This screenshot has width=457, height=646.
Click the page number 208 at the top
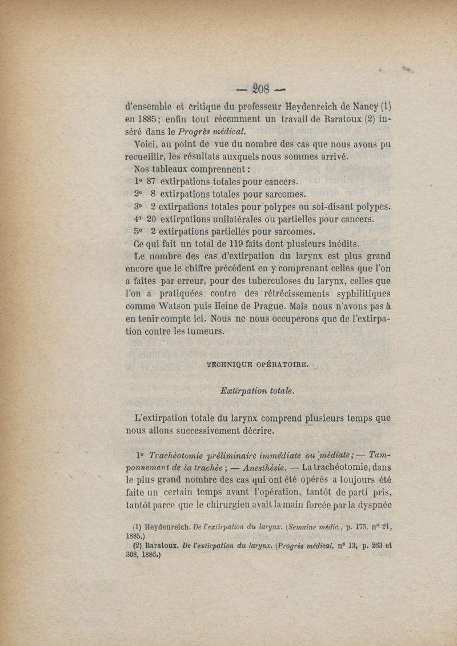[x=261, y=89]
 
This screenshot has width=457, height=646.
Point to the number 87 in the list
[x=152, y=182]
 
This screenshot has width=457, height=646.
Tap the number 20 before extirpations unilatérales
[x=152, y=219]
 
